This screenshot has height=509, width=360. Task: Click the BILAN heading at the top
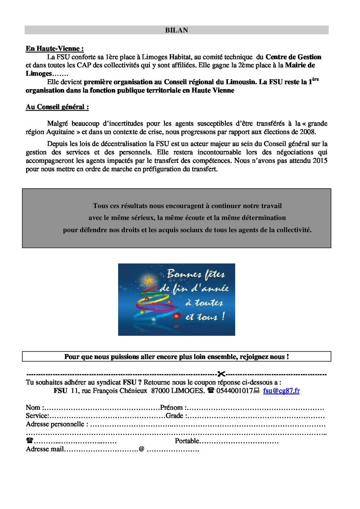(176, 30)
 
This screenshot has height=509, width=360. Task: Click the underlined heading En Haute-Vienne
(54, 49)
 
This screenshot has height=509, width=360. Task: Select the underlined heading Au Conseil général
(57, 107)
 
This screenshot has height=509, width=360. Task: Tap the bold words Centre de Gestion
(293, 57)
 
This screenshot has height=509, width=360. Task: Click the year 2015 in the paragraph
(320, 161)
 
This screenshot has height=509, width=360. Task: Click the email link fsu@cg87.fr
(281, 391)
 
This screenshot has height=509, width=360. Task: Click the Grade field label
(175, 416)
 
